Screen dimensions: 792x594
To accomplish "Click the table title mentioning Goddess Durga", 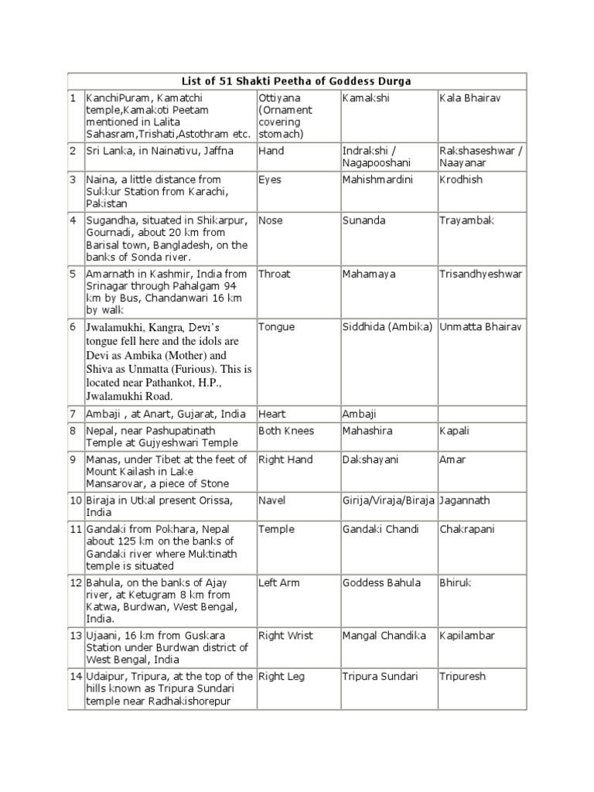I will click(x=297, y=81).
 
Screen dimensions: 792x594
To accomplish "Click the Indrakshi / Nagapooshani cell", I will click(x=376, y=155).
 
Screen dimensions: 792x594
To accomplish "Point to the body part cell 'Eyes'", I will click(x=270, y=179).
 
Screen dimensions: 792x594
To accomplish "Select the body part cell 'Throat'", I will click(x=275, y=274).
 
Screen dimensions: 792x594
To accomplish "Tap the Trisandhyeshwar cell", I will click(x=480, y=274).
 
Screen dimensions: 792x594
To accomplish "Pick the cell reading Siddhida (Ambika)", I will click(x=387, y=327).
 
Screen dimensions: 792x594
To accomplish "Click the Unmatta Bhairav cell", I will click(x=480, y=327).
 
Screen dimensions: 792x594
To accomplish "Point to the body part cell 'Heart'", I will click(x=271, y=415).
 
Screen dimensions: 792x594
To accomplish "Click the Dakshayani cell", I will click(x=370, y=459).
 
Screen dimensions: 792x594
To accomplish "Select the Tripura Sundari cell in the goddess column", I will click(x=379, y=677).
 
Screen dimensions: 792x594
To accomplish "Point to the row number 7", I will click(x=73, y=415).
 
